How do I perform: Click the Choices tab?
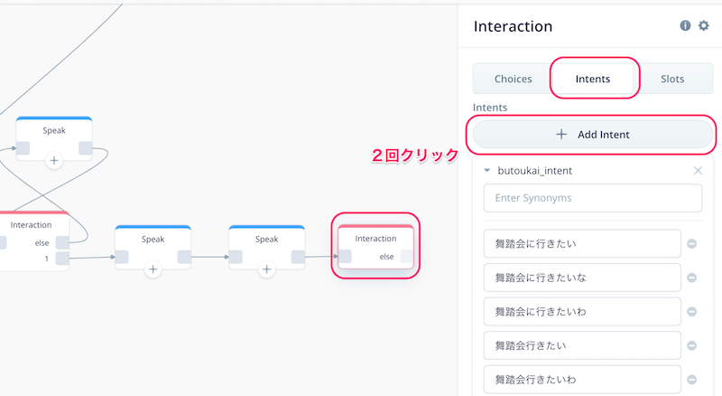click(x=513, y=79)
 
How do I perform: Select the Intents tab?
click(x=593, y=79)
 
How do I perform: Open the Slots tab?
click(x=672, y=79)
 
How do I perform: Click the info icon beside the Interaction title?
click(x=685, y=26)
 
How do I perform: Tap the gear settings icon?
click(x=704, y=26)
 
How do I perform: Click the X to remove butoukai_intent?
click(x=698, y=171)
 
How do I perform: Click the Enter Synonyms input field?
click(x=593, y=198)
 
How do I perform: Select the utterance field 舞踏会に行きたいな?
click(x=582, y=278)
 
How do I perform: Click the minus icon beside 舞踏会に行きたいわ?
click(x=691, y=312)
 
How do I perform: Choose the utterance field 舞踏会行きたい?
click(x=582, y=345)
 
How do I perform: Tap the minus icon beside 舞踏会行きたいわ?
click(x=691, y=380)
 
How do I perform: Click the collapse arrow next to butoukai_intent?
click(x=486, y=171)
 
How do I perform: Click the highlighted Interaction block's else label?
click(x=386, y=257)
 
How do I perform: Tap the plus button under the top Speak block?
click(x=54, y=161)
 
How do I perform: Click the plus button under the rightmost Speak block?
click(x=266, y=269)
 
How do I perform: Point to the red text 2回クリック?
click(x=415, y=156)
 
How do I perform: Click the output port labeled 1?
click(x=62, y=259)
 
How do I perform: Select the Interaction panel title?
click(x=513, y=26)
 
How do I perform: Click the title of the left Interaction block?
click(x=31, y=225)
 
